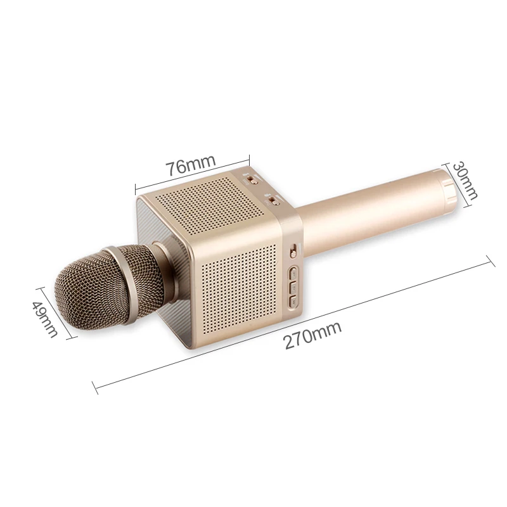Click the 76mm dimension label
(191, 165)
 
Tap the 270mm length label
(312, 335)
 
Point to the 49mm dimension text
(45, 319)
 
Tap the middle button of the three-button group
(294, 288)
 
